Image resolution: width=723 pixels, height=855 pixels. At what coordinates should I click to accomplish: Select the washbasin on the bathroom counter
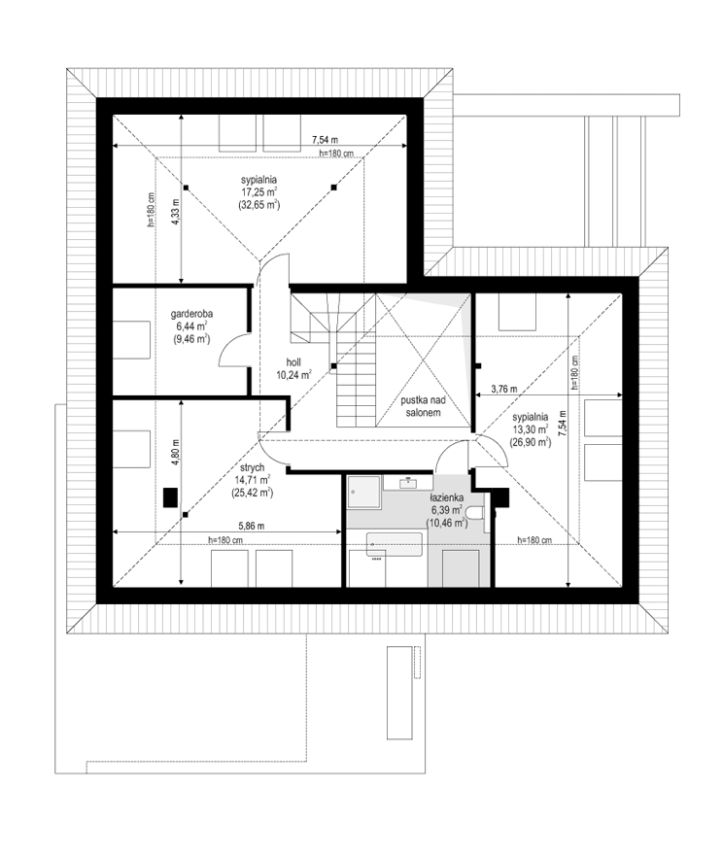(409, 481)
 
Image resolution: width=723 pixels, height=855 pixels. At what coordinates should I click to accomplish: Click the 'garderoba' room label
(191, 314)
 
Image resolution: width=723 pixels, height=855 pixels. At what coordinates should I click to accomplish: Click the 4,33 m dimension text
(176, 211)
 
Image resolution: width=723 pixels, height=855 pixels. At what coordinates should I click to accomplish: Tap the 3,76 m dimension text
(505, 389)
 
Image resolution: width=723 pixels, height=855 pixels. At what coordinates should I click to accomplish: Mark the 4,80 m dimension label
(176, 453)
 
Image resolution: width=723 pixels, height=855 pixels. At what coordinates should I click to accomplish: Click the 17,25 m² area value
(260, 192)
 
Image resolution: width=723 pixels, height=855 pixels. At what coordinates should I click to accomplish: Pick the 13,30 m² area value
(531, 427)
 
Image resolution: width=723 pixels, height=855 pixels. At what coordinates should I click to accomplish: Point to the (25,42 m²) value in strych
(250, 493)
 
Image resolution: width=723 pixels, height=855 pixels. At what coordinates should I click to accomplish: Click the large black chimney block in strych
(169, 498)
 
